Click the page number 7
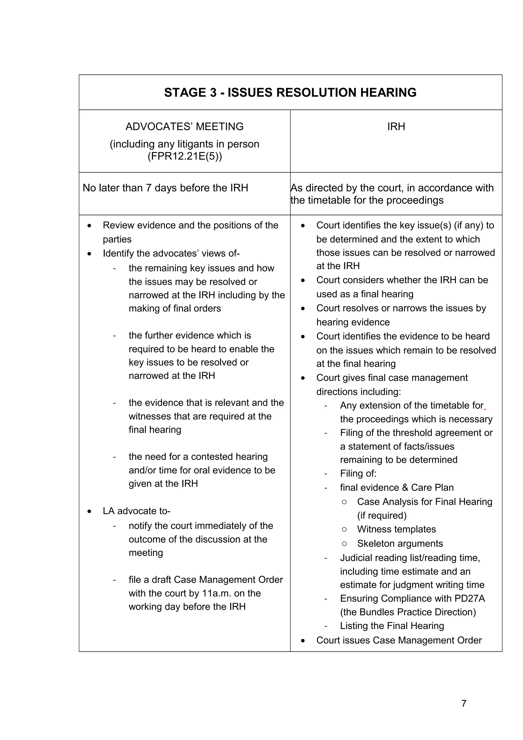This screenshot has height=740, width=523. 463,703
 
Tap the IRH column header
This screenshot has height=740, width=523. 396,126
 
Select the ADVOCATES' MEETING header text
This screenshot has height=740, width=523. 184,126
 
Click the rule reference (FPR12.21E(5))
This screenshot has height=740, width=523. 185,156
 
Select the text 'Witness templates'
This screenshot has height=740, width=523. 396,529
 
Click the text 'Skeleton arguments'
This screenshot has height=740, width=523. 400,543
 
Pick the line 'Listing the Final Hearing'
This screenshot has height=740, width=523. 391,626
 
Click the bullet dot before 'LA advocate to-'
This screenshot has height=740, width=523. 89,511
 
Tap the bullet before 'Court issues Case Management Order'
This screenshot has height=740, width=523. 303,640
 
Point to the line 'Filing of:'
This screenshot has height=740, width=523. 358,473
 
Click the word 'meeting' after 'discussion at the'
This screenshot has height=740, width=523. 146,553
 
